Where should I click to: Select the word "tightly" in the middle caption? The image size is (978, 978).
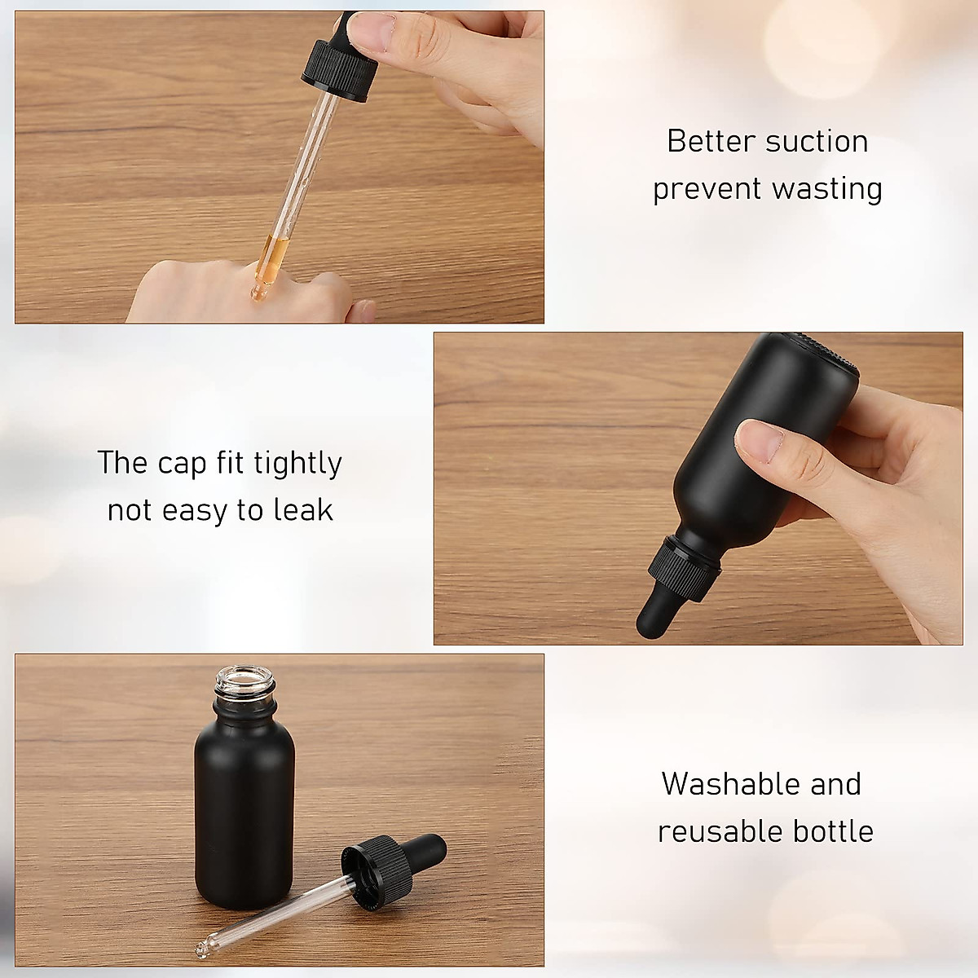(x=297, y=464)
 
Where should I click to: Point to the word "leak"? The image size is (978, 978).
(x=303, y=510)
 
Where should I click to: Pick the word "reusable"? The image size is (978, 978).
(x=709, y=831)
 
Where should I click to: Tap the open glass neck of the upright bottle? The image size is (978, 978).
(x=244, y=684)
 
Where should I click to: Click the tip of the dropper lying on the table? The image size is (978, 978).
(x=200, y=950)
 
